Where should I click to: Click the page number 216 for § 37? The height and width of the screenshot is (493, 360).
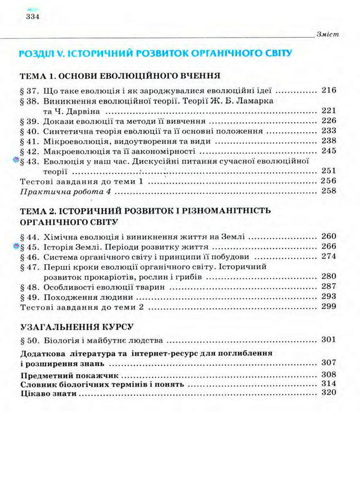point(328,90)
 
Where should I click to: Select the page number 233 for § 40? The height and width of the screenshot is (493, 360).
point(328,131)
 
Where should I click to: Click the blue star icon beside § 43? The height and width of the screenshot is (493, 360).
point(15,161)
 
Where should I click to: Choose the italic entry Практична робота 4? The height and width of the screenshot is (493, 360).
point(64,191)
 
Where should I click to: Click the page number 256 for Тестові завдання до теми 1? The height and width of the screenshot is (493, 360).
point(328,181)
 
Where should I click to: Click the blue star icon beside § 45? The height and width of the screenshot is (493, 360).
point(15,247)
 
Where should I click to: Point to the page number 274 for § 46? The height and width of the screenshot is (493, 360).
point(328,257)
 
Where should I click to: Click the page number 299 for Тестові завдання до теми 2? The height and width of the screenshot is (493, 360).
point(328,307)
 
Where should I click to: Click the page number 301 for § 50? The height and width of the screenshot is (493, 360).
point(328,339)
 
